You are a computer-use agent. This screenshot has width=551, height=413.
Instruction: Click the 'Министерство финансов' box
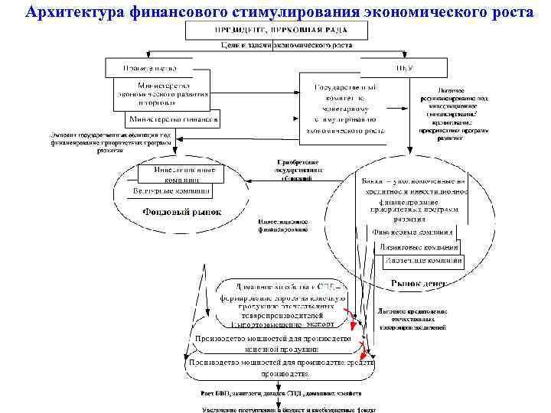174,119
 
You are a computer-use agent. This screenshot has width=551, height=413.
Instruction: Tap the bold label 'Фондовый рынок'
182,212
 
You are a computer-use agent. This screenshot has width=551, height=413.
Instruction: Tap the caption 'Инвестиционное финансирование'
283,224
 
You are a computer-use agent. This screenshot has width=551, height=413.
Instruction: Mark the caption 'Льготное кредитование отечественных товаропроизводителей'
411,318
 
